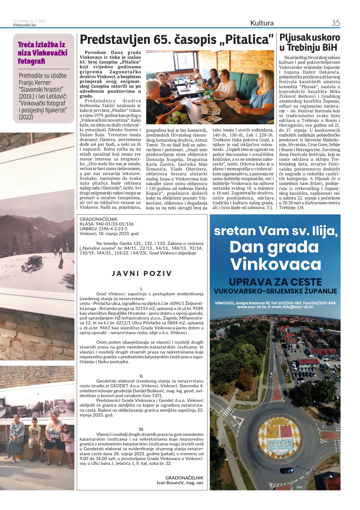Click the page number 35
click(336, 23)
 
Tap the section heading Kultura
click(262, 23)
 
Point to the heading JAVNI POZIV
click(142, 273)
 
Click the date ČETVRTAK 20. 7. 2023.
click(30, 21)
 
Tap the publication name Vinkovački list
click(24, 25)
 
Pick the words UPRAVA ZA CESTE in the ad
click(275, 282)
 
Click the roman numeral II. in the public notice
click(141, 376)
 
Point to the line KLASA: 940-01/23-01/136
click(107, 224)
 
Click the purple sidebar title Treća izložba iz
click(41, 45)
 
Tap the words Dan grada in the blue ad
click(274, 247)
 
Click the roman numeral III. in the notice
click(141, 429)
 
